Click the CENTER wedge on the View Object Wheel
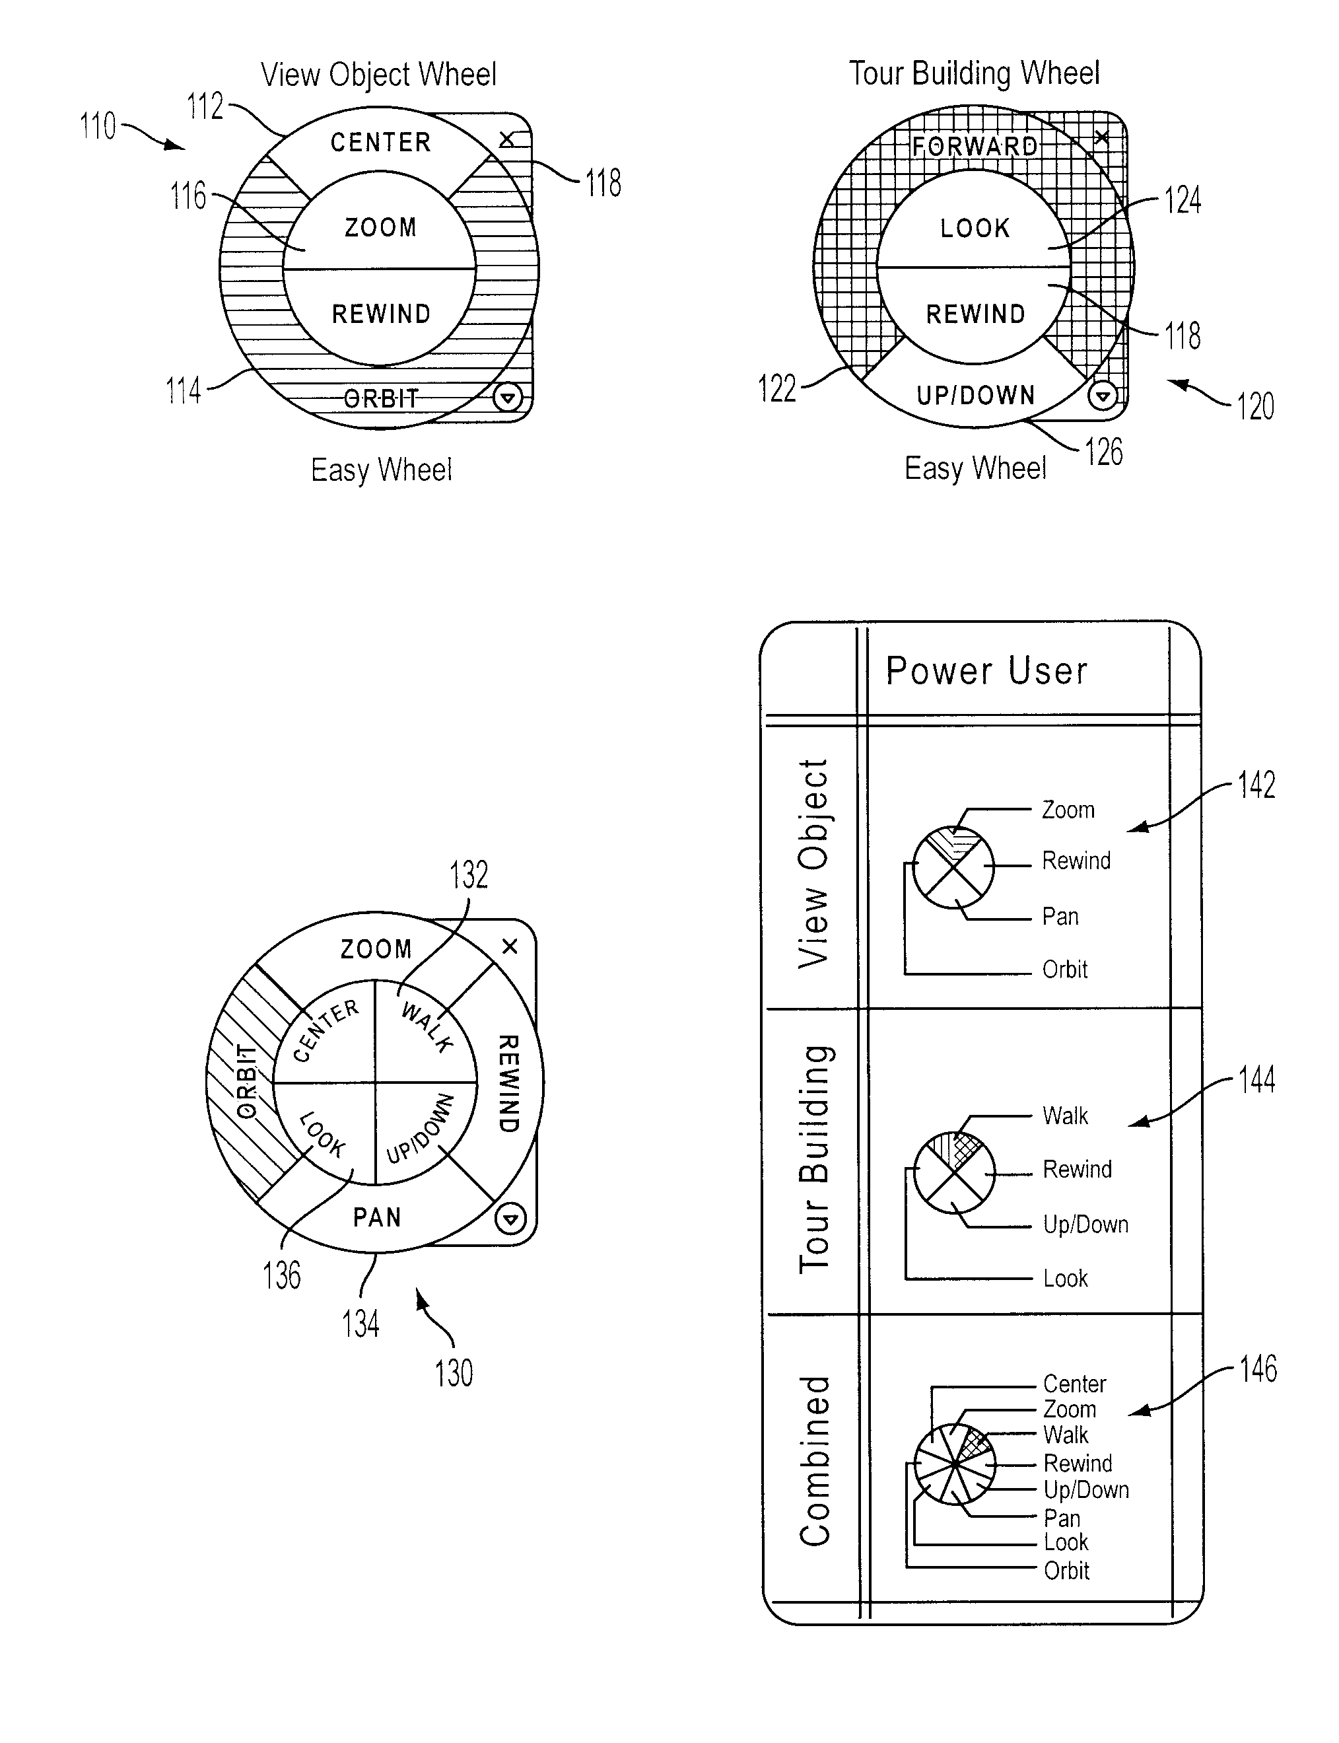coord(380,142)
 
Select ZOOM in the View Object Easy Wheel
coord(380,227)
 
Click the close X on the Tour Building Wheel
coord(1101,137)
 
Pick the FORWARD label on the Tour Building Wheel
coord(975,146)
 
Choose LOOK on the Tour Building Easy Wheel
coord(975,228)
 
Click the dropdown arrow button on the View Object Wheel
coord(508,396)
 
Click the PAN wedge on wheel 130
coord(377,1217)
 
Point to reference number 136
coord(282,1274)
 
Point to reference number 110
coord(98,126)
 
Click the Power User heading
coord(986,670)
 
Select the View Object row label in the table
coord(813,863)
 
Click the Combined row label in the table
coord(815,1462)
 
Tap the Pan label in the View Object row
coord(1060,916)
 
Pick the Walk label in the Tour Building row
coord(1065,1116)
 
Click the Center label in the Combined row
coord(1074,1384)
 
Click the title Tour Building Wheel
coord(974,73)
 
